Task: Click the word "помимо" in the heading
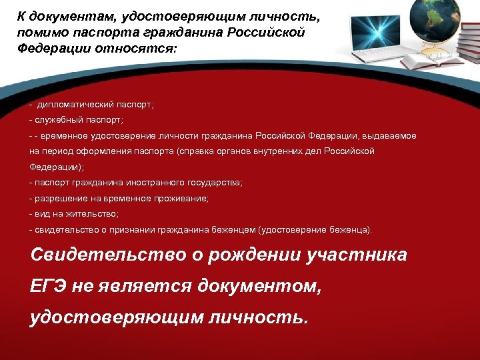[41, 33]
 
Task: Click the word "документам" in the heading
[67, 15]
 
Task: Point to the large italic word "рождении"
[251, 255]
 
